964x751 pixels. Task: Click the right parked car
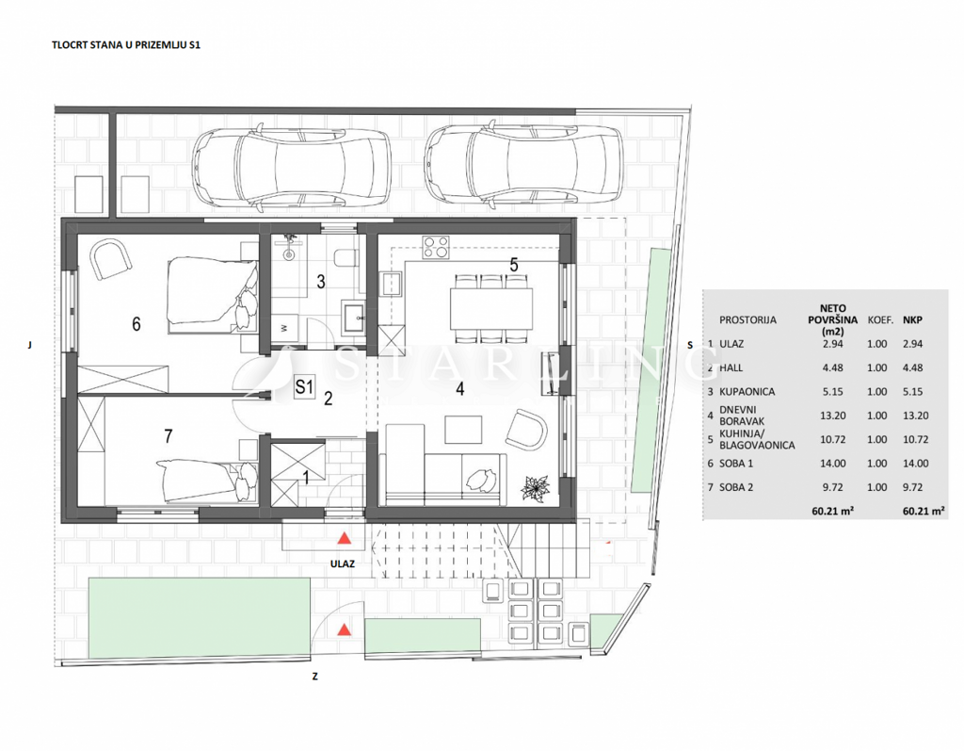pyautogui.click(x=523, y=166)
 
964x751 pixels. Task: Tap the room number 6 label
pyautogui.click(x=137, y=324)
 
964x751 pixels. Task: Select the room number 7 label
pyautogui.click(x=168, y=435)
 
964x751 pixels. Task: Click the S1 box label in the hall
pyautogui.click(x=303, y=385)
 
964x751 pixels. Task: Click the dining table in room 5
pyautogui.click(x=490, y=307)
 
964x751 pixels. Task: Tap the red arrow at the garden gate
pyautogui.click(x=345, y=629)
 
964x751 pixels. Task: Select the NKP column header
pyautogui.click(x=912, y=319)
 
